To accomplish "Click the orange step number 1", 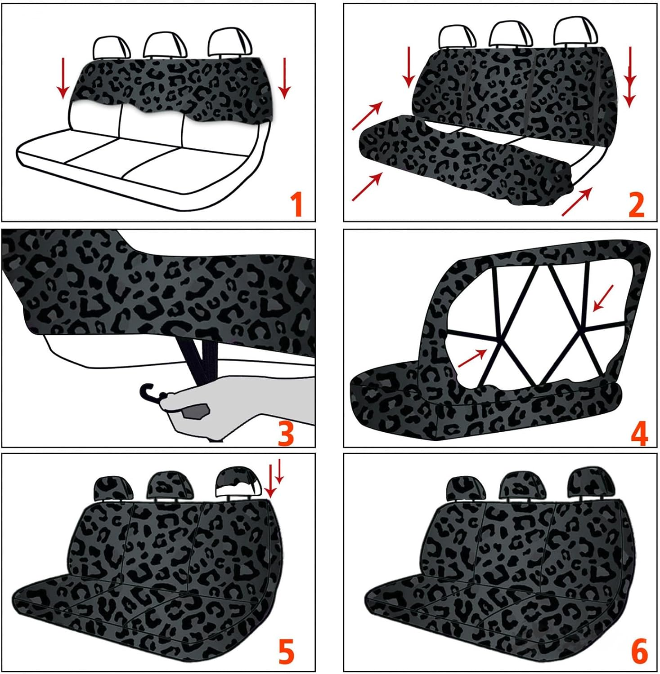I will point(296,204).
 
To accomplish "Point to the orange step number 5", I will point(286,652).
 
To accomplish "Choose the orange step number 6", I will point(639,652).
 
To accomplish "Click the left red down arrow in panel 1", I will point(63,77).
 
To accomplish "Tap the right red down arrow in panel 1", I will point(283,77).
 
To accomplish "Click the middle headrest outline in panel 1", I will point(165,45).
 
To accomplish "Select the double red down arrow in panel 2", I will point(630,76).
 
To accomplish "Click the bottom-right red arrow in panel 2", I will point(577,202).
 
